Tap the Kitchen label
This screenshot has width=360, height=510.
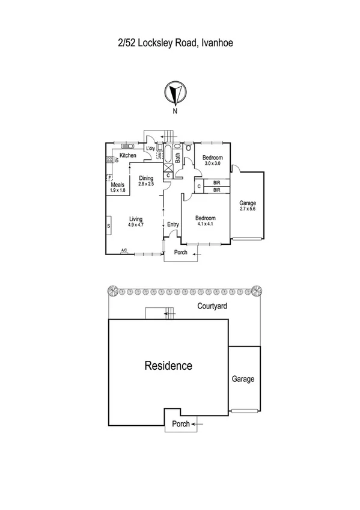pyautogui.click(x=127, y=156)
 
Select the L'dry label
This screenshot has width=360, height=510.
pyautogui.click(x=151, y=149)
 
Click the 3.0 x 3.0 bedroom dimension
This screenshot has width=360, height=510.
pyautogui.click(x=213, y=164)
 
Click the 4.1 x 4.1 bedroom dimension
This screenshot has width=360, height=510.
pyautogui.click(x=205, y=224)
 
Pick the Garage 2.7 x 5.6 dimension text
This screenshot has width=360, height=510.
pyautogui.click(x=248, y=209)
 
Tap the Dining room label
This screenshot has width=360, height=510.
pyautogui.click(x=147, y=178)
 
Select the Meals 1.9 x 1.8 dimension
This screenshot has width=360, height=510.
pyautogui.click(x=118, y=191)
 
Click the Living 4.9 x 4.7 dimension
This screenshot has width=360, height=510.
pyautogui.click(x=135, y=224)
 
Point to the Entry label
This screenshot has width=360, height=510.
pyautogui.click(x=173, y=224)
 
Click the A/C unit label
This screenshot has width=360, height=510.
pyautogui.click(x=124, y=250)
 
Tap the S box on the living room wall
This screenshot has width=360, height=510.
pyautogui.click(x=109, y=226)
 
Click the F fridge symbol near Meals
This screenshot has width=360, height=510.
pyautogui.click(x=109, y=178)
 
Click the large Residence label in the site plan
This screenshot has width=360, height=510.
pyautogui.click(x=168, y=365)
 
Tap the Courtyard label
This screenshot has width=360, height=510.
pyautogui.click(x=215, y=306)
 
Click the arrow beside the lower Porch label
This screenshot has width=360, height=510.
pyautogui.click(x=200, y=424)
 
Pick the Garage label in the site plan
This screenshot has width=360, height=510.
pyautogui.click(x=243, y=379)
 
